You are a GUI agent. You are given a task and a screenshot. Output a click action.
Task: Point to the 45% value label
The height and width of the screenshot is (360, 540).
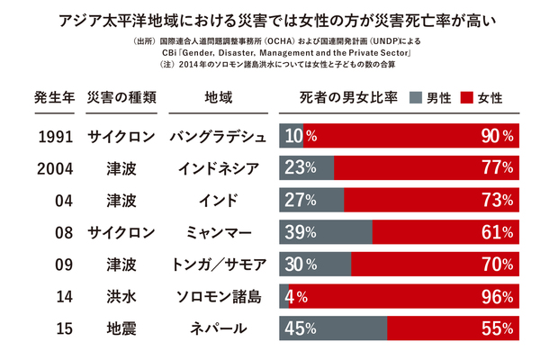pos(300,328)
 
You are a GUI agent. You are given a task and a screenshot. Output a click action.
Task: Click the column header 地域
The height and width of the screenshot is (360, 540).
pos(219,97)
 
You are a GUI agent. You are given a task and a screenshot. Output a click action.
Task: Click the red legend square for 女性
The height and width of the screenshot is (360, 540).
pos(468,97)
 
